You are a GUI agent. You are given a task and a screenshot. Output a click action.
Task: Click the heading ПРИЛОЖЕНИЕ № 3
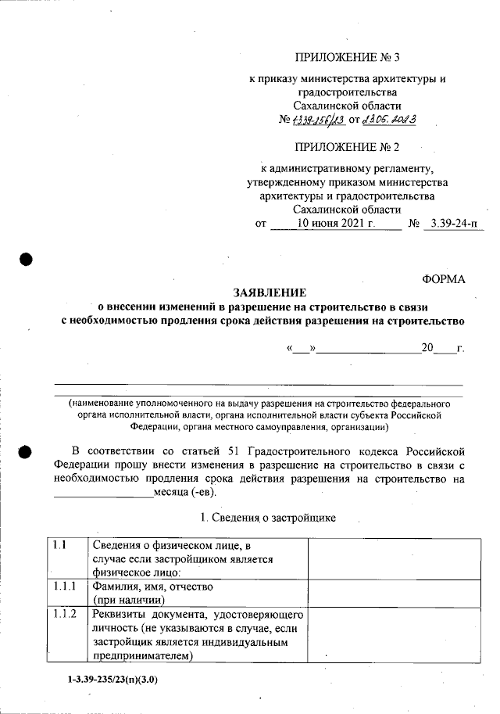click(347, 58)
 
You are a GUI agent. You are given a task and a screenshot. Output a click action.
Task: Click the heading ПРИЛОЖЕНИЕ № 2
click(347, 146)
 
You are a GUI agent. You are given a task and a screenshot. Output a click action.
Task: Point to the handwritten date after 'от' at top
click(388, 121)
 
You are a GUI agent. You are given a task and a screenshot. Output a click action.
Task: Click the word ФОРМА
click(442, 278)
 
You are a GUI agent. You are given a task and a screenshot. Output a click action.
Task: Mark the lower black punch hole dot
click(26, 451)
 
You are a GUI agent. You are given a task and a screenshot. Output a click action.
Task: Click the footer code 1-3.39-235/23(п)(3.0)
click(112, 680)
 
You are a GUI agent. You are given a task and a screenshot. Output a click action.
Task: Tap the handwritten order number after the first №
click(319, 121)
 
